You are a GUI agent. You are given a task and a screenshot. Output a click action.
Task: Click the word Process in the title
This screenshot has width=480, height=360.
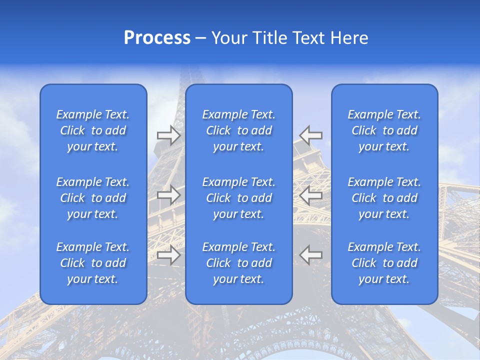tap(157, 38)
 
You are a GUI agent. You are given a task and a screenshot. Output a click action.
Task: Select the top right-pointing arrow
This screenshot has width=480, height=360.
tap(168, 135)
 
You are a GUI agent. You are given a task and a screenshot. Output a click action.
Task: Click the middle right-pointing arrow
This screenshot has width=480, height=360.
tap(168, 195)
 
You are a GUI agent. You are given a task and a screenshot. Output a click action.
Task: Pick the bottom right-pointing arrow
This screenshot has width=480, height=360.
tap(168, 255)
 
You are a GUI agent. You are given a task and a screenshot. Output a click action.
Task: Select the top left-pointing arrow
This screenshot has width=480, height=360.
tap(311, 135)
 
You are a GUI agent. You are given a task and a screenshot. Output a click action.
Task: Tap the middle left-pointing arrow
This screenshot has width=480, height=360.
tap(311, 195)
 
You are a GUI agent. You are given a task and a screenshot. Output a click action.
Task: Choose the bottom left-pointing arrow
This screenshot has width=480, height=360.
tap(311, 255)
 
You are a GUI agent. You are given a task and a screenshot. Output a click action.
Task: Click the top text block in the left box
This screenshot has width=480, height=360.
tap(93, 130)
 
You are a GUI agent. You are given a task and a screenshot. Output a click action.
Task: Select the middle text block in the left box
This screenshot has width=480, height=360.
tap(93, 198)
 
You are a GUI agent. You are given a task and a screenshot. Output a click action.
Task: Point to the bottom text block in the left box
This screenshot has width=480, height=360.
tap(93, 263)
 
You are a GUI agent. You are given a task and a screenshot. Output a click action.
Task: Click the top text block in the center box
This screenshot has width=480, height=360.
tap(239, 130)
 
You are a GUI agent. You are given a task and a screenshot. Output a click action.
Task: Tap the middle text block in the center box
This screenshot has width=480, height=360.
tap(239, 198)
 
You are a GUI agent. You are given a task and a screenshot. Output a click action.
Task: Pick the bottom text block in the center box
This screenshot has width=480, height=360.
tap(239, 263)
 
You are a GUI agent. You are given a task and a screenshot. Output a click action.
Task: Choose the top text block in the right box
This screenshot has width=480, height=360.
tap(384, 130)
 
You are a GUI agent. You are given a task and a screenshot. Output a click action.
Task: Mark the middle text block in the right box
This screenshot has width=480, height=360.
tap(384, 198)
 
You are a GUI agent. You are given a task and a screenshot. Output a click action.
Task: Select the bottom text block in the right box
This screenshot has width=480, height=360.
tap(384, 263)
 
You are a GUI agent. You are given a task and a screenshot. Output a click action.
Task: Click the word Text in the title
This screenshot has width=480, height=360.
tap(309, 38)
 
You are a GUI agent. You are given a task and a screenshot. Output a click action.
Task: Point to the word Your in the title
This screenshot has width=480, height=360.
tap(228, 38)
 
